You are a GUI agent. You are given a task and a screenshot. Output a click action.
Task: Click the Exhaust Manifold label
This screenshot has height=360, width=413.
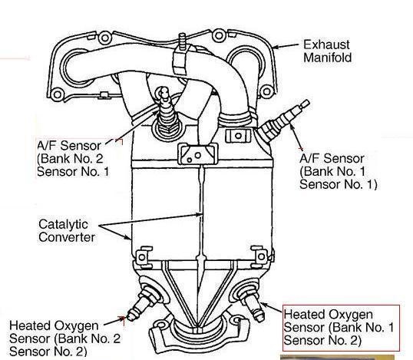pos(327,51)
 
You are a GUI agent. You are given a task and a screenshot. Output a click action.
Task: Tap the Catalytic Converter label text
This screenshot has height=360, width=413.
pos(67,231)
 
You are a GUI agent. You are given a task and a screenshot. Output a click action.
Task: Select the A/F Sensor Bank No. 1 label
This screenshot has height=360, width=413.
pos(339,171)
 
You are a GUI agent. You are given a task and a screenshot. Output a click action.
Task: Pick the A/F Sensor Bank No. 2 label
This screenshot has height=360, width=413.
pos(73,159)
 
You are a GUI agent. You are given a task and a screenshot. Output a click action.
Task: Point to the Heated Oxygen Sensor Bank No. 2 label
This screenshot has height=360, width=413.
pos(64,339)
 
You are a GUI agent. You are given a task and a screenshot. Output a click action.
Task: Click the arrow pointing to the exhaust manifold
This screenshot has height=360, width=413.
pos(286,46)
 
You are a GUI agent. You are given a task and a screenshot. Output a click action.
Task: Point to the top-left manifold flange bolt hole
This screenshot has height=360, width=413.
pos(105,38)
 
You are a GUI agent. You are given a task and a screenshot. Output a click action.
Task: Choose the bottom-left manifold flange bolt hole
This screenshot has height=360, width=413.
pos(57,94)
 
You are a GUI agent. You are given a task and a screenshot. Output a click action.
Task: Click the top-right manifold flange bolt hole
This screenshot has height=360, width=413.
pos(219,35)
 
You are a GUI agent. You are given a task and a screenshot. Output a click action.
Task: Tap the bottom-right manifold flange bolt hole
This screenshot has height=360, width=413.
pos(266,91)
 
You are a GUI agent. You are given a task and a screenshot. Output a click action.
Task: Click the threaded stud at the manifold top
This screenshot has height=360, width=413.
pos(182,41)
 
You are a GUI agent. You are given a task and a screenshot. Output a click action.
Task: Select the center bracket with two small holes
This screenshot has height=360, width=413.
pos(198,154)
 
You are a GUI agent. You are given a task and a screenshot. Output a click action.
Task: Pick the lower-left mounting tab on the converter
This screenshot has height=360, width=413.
pos(143,255)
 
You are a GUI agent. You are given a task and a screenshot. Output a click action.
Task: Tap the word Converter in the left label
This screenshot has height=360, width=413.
pos(67,237)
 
